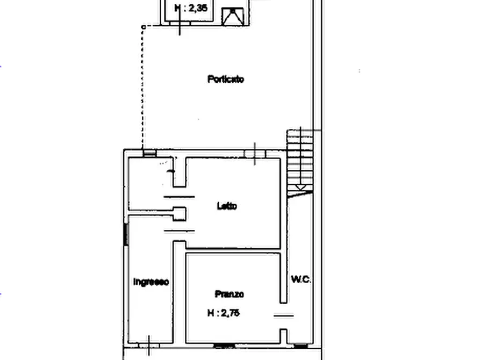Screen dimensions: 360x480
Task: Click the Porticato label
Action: [x=226, y=80]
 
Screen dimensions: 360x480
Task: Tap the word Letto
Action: [x=226, y=206]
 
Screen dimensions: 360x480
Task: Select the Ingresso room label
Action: [x=151, y=282]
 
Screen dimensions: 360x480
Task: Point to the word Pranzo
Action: [x=230, y=294]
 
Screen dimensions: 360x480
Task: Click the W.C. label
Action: [x=301, y=279]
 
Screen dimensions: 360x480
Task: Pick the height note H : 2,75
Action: [x=224, y=313]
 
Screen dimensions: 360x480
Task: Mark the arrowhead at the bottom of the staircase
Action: [x=301, y=189]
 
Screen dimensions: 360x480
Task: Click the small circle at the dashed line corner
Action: [x=143, y=26]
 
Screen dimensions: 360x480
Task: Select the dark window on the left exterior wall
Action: [x=126, y=234]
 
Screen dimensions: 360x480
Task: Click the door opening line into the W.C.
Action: [x=284, y=316]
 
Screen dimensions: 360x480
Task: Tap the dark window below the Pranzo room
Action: [x=221, y=345]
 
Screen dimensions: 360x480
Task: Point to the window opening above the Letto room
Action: [x=255, y=154]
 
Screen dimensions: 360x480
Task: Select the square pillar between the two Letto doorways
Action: [x=179, y=214]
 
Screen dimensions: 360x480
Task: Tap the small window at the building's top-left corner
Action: [x=149, y=153]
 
